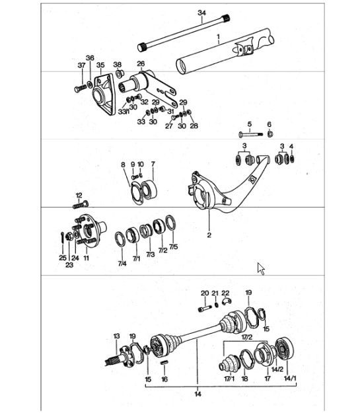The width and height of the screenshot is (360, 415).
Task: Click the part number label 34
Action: pyautogui.click(x=202, y=13)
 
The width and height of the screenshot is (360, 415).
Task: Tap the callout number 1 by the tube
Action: pyautogui.click(x=219, y=40)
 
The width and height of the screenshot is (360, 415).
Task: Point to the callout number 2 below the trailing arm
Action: pyautogui.click(x=209, y=234)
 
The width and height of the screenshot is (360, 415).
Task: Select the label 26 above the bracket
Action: pyautogui.click(x=141, y=64)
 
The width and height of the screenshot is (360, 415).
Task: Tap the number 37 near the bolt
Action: pyautogui.click(x=81, y=65)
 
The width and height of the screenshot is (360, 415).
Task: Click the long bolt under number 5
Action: pyautogui.click(x=248, y=135)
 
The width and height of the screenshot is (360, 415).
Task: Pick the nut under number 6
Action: pyautogui.click(x=270, y=134)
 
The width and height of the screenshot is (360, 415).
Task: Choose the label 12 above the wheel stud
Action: pyautogui.click(x=79, y=196)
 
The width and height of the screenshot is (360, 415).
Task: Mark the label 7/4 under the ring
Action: pyautogui.click(x=122, y=264)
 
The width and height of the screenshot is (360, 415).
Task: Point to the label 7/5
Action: pyautogui.click(x=173, y=247)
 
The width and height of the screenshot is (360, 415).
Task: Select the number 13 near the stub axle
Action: pyautogui.click(x=117, y=336)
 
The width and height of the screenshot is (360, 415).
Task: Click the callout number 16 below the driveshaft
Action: pyautogui.click(x=164, y=379)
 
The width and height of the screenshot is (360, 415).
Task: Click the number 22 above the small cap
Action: pyautogui.click(x=225, y=292)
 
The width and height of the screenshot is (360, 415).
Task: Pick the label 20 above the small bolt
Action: pyautogui.click(x=204, y=292)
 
